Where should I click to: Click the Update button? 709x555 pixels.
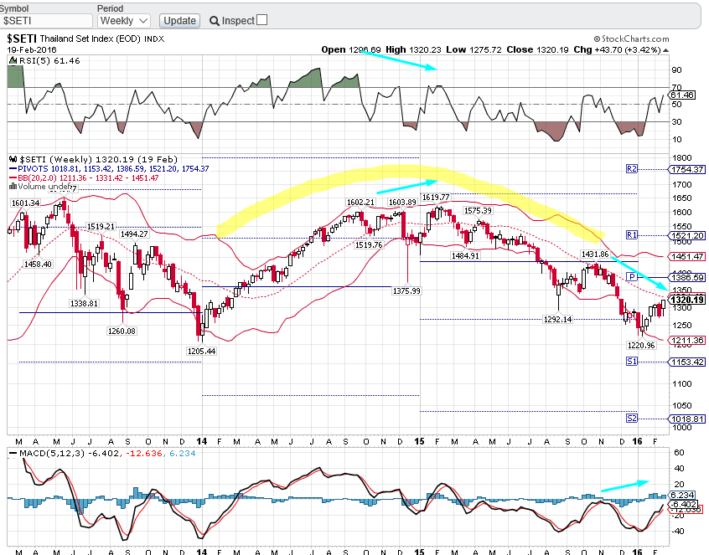coord(179,20)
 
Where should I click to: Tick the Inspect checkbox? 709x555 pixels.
coord(262,20)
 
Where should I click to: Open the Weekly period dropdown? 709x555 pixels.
coord(123,20)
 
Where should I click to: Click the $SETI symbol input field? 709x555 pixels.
coord(46,20)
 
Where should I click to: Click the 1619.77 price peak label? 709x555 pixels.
coord(436,197)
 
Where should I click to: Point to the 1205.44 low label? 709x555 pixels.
coord(201,352)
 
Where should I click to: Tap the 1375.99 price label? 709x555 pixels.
coord(405,290)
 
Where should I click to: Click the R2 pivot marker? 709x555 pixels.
coord(632,169)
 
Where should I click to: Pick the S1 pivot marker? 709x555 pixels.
coord(632,362)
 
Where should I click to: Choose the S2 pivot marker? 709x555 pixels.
coord(632,418)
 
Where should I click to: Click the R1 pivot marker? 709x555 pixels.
coord(632,235)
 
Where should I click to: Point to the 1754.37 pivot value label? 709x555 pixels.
coord(686,169)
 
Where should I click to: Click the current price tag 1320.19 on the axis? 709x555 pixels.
coord(686,300)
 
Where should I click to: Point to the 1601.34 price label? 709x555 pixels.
coord(26,203)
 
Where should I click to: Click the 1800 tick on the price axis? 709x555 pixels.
coord(680,157)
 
